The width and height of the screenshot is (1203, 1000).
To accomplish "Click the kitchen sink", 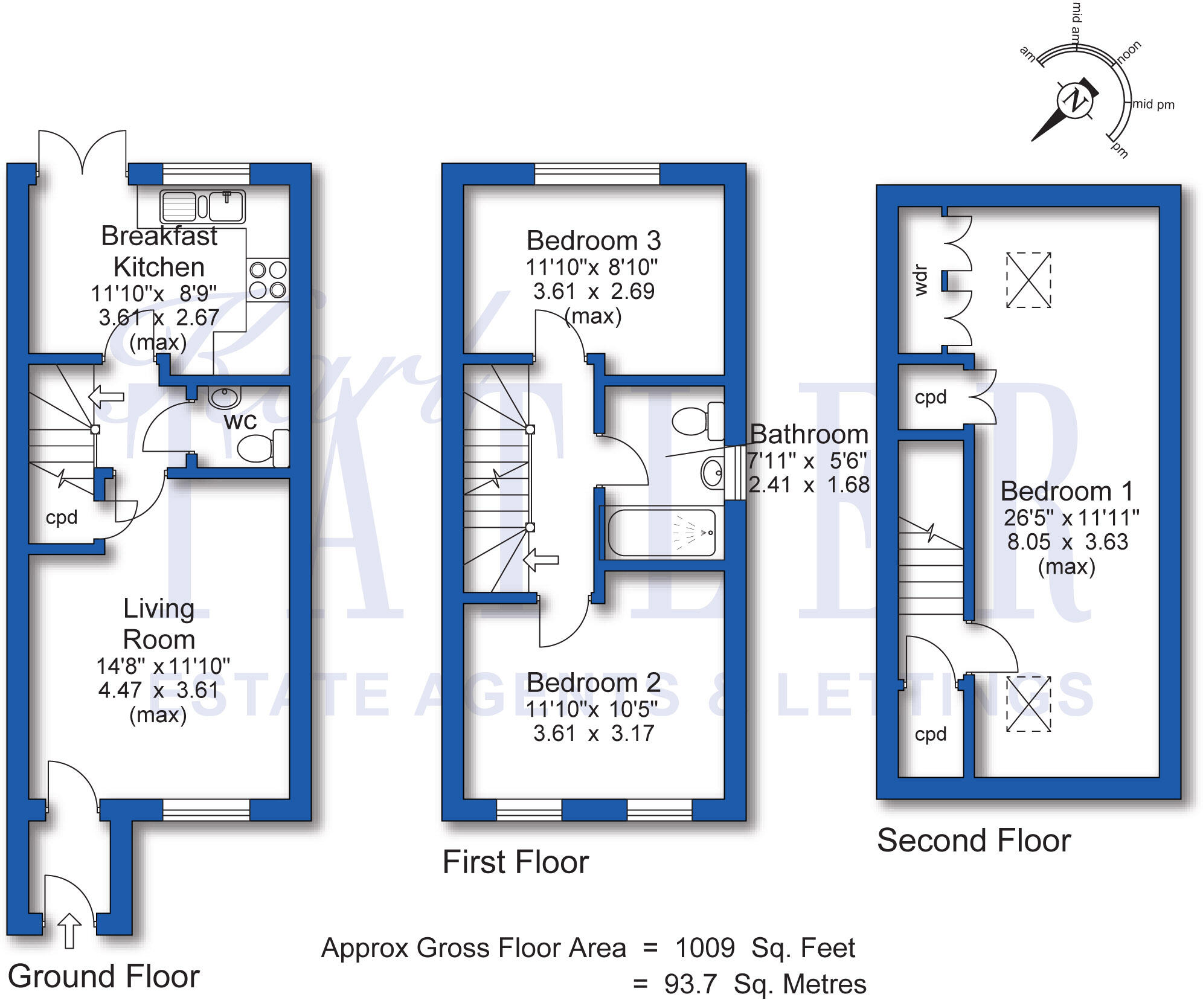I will (x=202, y=206).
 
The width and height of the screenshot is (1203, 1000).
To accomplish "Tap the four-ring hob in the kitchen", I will (x=268, y=280).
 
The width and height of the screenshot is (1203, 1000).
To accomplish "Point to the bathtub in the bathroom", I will (x=662, y=533).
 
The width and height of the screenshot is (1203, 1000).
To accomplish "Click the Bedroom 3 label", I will (x=593, y=241).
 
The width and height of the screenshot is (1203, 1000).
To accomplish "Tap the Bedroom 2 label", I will (x=593, y=683).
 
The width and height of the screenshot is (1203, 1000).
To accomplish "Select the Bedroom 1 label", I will (x=1067, y=492).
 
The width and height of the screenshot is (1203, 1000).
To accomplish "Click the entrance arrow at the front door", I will (x=69, y=929).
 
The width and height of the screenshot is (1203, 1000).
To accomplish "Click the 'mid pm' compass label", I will (x=1153, y=104).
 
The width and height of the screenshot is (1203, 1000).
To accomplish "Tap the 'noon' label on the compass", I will (x=1128, y=52).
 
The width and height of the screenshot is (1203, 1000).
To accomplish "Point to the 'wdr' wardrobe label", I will (x=920, y=280).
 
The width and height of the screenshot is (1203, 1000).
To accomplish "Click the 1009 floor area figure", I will (x=705, y=948).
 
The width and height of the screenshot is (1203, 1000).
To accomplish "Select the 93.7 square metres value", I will (x=690, y=984).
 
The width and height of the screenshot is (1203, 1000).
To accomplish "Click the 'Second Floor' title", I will (x=974, y=841).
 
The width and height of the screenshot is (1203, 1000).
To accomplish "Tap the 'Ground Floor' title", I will (x=103, y=976).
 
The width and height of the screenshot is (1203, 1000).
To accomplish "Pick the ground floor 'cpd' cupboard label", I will (x=62, y=518).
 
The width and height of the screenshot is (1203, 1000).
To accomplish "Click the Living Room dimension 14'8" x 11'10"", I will (x=163, y=666).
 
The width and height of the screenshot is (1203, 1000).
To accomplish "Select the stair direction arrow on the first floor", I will (x=541, y=560).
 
